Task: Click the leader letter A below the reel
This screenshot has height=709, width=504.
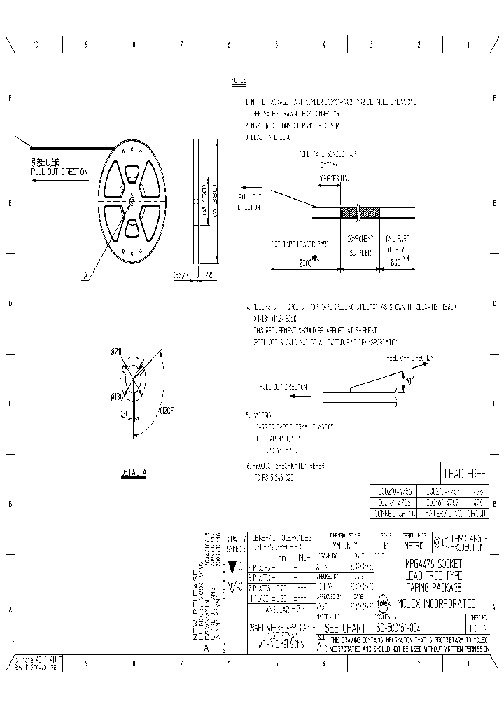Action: click(x=85, y=277)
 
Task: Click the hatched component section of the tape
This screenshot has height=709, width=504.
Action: click(x=359, y=212)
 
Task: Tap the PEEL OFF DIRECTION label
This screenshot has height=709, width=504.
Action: click(x=411, y=357)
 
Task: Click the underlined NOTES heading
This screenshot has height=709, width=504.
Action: click(x=238, y=81)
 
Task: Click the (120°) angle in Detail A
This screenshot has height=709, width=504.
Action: click(x=167, y=411)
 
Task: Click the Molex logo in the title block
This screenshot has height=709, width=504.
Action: click(x=384, y=603)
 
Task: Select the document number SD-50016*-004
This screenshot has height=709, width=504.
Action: click(x=406, y=628)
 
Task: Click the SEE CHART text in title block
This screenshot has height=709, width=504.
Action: click(x=346, y=628)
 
